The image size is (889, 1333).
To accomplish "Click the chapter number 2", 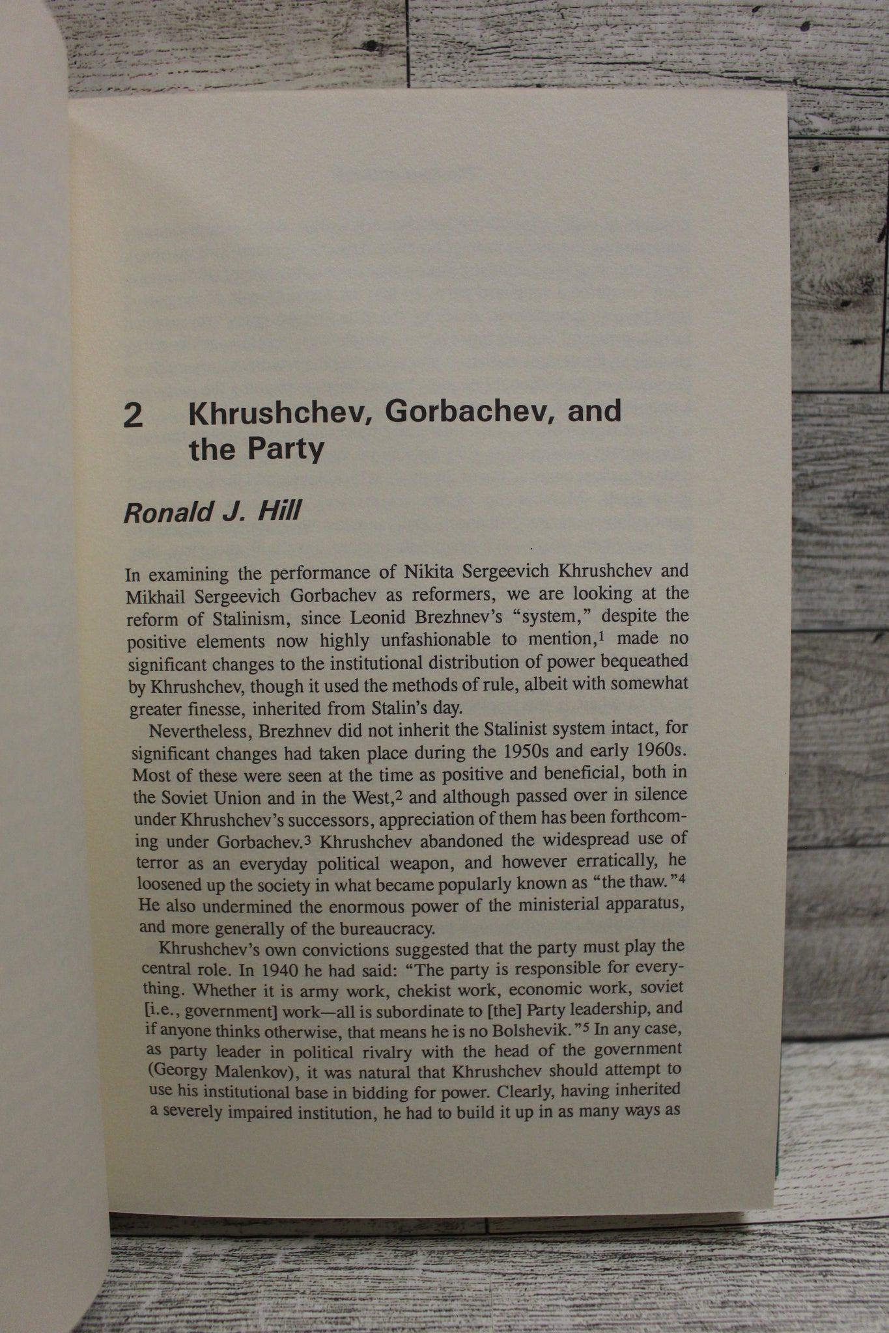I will [x=134, y=417].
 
